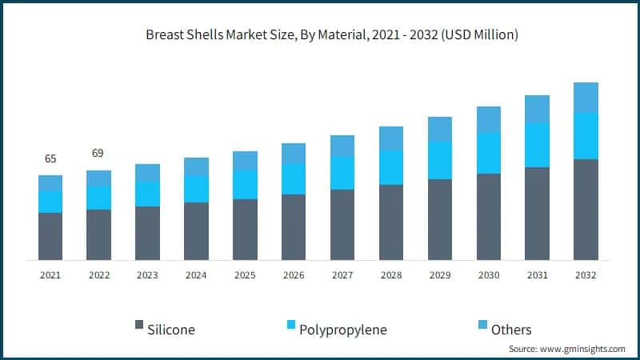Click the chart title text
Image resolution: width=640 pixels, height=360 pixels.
(x=320, y=34)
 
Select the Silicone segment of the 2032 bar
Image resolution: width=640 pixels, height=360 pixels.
(x=586, y=210)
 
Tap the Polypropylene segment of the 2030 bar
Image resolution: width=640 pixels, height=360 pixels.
(x=489, y=153)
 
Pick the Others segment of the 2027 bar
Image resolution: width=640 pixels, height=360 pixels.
(x=342, y=146)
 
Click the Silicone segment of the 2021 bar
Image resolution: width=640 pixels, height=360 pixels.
(x=50, y=236)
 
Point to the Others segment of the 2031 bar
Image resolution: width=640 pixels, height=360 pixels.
(x=537, y=109)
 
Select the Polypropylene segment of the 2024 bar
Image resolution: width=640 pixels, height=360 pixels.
(x=196, y=189)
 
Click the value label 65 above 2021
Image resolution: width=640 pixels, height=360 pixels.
(x=50, y=158)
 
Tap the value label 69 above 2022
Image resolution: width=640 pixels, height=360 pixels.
(x=99, y=153)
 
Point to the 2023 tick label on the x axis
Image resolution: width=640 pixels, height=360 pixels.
(x=147, y=274)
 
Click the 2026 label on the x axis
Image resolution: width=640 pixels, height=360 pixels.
(x=294, y=274)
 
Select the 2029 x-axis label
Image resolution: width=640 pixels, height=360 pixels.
(x=440, y=274)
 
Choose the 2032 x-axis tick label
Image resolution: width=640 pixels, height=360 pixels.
(x=586, y=274)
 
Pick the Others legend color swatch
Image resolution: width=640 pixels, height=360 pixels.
(x=482, y=326)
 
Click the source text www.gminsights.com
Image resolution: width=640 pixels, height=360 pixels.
(x=569, y=350)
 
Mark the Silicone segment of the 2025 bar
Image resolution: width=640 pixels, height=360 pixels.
(x=245, y=230)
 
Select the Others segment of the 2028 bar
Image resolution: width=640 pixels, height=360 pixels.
(x=391, y=138)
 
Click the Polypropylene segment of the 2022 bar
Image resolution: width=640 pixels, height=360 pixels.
(x=99, y=198)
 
